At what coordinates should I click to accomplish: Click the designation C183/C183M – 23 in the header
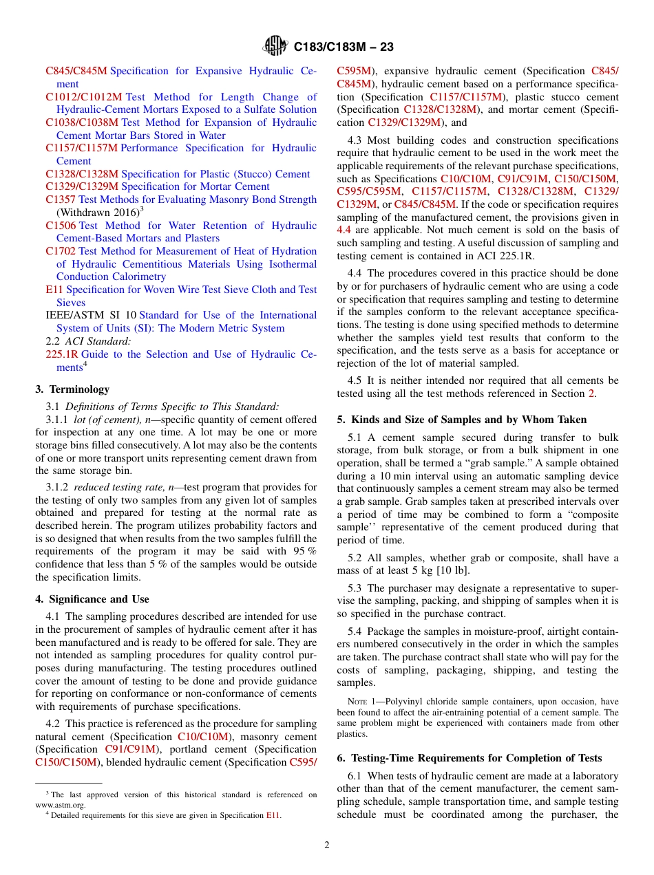point(344,47)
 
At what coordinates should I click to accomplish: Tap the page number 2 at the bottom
point(327,845)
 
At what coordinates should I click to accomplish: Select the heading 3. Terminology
point(72,389)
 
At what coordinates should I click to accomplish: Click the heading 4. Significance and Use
point(92,599)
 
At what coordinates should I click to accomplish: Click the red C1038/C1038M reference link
point(82,122)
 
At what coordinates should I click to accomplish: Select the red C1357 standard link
point(61,199)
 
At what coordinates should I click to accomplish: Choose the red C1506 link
point(61,226)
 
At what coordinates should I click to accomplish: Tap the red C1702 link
point(61,251)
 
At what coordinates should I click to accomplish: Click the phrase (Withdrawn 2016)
point(96,213)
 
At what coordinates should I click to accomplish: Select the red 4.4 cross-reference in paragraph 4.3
point(344,230)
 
